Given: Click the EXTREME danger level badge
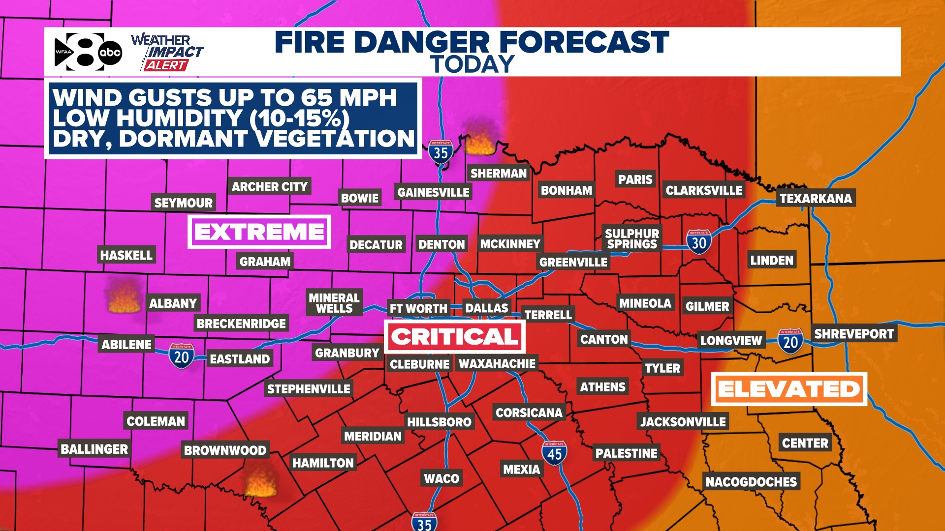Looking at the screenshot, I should coord(259,232).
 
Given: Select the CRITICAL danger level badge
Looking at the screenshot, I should coord(455,337).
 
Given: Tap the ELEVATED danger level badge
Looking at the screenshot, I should coord(789,389).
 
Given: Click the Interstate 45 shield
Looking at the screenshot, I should coord(554,453).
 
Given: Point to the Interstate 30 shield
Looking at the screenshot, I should coord(699,241).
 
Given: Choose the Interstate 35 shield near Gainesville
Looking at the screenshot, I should coord(441,152).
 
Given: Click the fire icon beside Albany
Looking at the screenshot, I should coord(124,298).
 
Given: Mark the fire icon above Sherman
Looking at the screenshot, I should coord(480,140).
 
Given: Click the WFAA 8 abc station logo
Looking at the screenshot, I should coord(88,52).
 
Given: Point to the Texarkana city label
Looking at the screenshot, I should coord(816,198).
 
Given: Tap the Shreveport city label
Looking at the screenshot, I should coord(853,334).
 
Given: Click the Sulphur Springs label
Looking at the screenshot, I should coord(632,239).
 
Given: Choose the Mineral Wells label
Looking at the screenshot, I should coord(334,303).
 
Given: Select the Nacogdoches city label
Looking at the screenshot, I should coord(751,482).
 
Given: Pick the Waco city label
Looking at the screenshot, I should coord(441,478).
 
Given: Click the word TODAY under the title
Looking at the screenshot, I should coord(472,64).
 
